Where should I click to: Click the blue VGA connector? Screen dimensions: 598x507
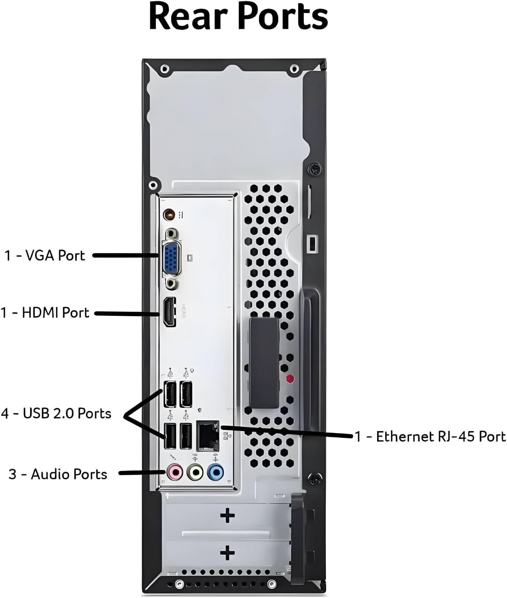pos(172,257)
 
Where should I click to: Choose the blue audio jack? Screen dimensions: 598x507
pos(216,473)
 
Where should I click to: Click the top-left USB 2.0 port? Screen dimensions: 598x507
pos(170,394)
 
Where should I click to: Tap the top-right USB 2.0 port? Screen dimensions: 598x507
pos(186,394)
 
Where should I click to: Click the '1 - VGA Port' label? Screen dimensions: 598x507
pos(45,255)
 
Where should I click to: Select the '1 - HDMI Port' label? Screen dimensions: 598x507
pos(45,313)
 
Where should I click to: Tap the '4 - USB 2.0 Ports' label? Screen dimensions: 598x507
pos(56,413)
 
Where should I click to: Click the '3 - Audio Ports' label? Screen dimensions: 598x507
pos(58,474)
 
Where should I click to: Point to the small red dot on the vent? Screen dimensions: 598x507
pos(290,378)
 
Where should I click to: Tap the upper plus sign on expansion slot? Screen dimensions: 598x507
pos(228,516)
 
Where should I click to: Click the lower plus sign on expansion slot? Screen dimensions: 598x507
pos(228,553)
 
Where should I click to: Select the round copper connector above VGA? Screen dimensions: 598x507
pos(169,215)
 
